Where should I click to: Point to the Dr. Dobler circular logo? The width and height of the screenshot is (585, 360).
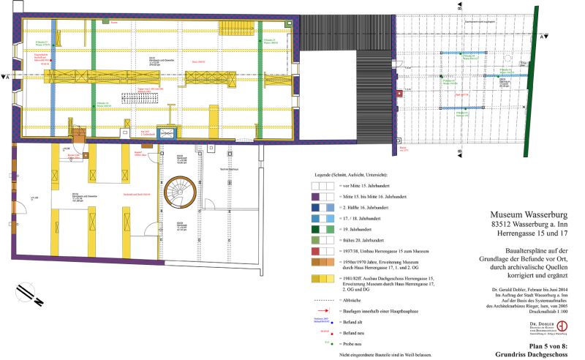[x=562, y=326]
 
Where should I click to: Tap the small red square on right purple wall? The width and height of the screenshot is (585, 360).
[x=399, y=94]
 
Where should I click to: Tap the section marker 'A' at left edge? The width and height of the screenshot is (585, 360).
[x=7, y=76]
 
